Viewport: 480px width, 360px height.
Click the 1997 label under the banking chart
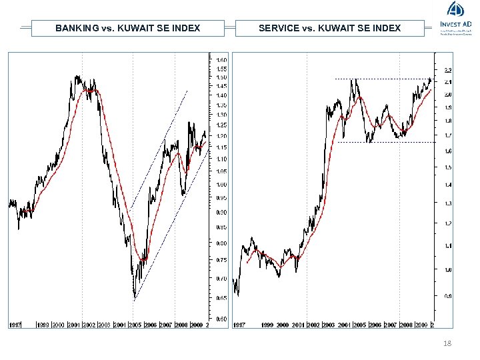pos(15,325)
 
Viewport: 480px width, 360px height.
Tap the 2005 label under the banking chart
pos(135,325)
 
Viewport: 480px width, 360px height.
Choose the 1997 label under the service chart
pos(239,325)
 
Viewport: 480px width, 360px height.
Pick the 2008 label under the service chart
pos(406,325)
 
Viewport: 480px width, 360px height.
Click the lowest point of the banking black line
pos(135,297)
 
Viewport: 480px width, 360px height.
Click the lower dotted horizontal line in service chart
pos(387,142)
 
